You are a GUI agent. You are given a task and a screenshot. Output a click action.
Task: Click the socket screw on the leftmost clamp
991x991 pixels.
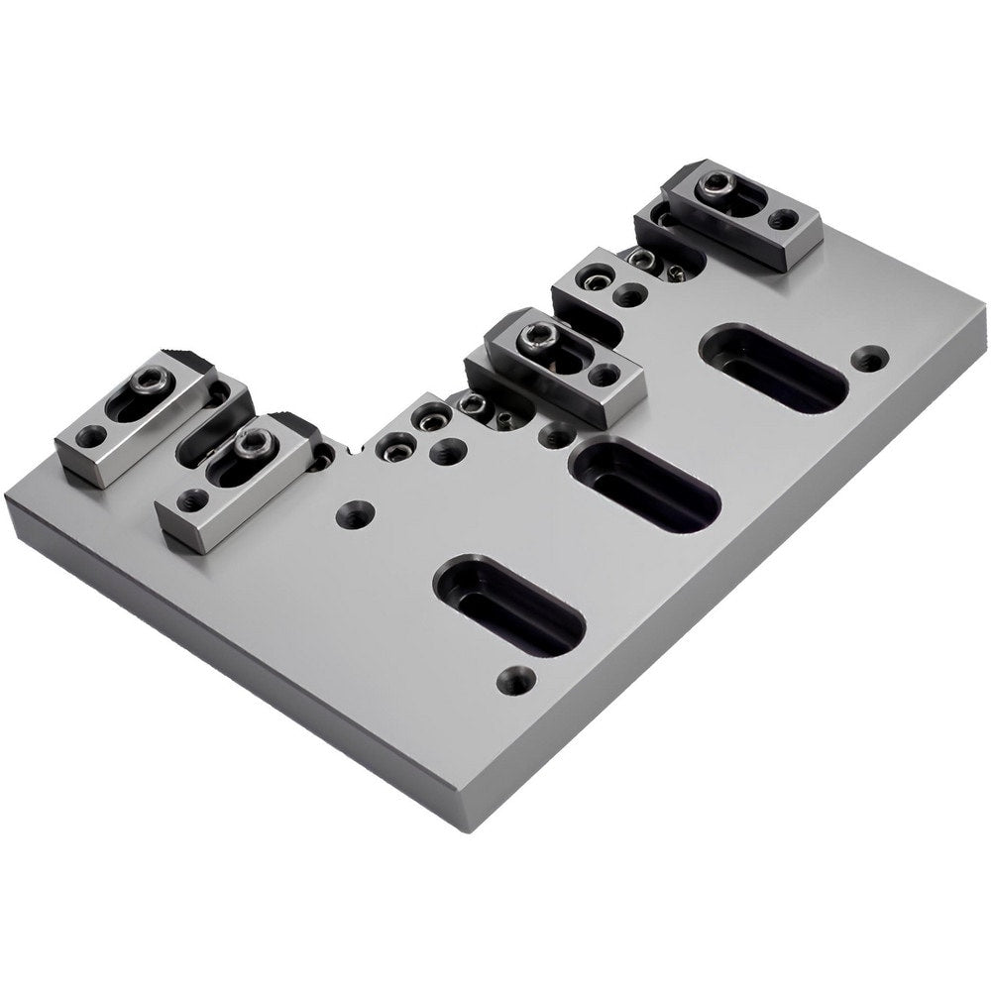point(150,380)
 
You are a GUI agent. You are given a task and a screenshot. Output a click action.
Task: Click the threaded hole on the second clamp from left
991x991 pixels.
point(188,501)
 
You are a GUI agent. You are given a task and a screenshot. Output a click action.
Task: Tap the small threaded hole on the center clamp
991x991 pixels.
point(604,374)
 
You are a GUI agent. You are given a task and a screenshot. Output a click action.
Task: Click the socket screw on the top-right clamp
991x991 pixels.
point(716,184)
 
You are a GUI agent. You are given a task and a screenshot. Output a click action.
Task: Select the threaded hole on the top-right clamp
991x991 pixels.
point(783,219)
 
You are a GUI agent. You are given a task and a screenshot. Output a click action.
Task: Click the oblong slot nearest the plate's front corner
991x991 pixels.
point(509,604)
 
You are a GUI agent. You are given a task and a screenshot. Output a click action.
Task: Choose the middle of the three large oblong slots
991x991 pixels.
point(645,486)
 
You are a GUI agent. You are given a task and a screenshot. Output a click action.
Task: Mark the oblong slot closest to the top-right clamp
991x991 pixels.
point(774,369)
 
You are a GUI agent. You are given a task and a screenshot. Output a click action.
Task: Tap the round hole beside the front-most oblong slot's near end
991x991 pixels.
point(516,680)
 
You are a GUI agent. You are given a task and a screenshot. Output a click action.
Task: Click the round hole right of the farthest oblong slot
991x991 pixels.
point(870,358)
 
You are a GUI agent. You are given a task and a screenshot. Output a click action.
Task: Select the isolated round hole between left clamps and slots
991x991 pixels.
point(355,514)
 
